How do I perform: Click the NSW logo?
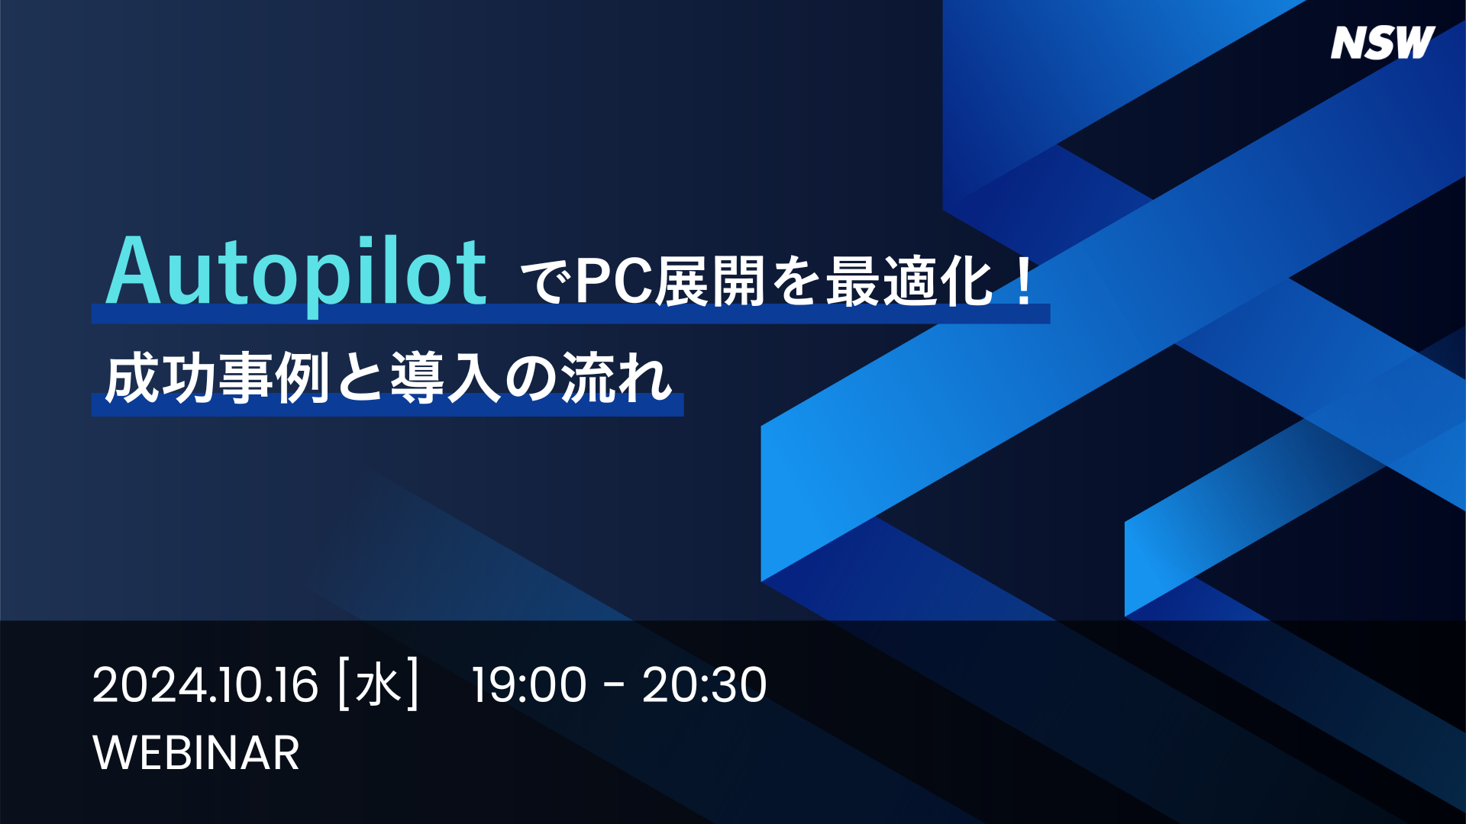(1383, 43)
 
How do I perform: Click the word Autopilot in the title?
(296, 273)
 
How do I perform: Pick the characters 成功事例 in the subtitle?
(218, 378)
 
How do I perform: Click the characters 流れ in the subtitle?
(617, 378)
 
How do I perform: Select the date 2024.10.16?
(205, 684)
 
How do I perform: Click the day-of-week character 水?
(379, 684)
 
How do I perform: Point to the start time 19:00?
(528, 684)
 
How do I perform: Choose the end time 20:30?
(704, 684)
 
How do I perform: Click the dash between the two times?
(614, 687)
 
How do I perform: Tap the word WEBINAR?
(196, 753)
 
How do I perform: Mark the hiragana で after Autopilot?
(545, 282)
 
